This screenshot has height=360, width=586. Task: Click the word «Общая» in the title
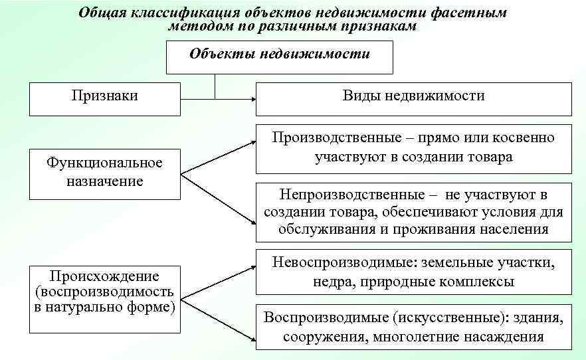pos(102,13)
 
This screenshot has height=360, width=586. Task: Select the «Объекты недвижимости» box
pos(280,56)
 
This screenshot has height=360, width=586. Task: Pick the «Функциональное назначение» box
pos(105,173)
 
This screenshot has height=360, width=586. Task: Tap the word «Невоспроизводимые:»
pos(342,262)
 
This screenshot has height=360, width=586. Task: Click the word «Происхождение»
pos(105,276)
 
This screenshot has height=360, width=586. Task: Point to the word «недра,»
pos(334,281)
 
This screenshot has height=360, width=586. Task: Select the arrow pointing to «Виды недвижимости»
pos(252,99)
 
